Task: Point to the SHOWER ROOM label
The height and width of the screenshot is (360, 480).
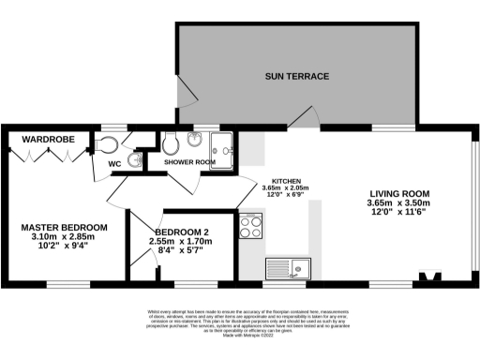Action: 190,162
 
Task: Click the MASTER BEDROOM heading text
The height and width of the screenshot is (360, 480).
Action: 64,227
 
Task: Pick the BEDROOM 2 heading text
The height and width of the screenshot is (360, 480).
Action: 181,232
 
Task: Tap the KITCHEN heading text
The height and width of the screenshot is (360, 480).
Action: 286,180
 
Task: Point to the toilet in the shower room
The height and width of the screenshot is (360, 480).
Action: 171,143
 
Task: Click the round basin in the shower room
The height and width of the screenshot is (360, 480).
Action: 195,141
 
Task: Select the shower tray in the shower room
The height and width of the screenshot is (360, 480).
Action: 224,144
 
